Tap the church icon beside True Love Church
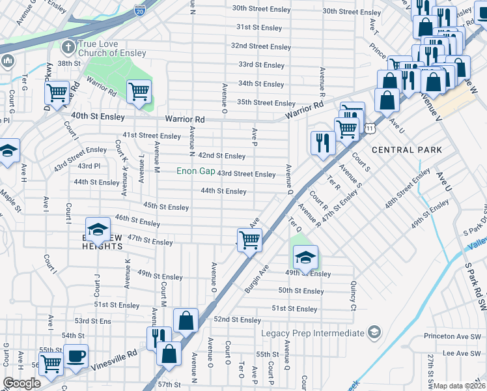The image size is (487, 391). click(x=67, y=47)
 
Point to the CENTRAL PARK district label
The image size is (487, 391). click(x=407, y=150)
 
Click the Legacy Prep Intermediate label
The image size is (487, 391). click(x=313, y=333)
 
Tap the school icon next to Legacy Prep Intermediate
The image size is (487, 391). click(x=374, y=333)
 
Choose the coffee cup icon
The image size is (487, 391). click(x=77, y=356)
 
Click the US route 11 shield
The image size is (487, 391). click(x=369, y=130)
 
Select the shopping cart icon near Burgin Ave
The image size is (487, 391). click(x=249, y=239)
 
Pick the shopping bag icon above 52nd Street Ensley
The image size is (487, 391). click(x=186, y=320)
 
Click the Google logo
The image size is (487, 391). click(x=21, y=383)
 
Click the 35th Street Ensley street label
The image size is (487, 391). click(x=266, y=103)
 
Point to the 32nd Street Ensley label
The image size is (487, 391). click(x=260, y=47)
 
